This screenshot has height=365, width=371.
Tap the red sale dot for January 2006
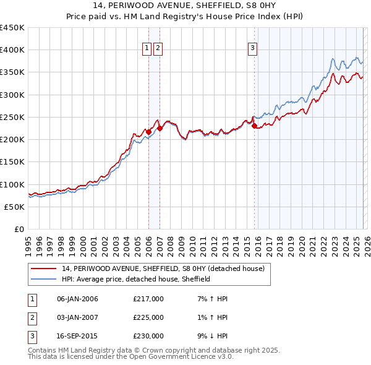(148, 131)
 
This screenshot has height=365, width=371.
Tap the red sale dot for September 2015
(254, 126)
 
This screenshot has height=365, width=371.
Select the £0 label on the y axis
(19, 229)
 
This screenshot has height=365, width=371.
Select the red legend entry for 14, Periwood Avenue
(163, 268)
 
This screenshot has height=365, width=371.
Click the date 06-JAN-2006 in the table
(77, 299)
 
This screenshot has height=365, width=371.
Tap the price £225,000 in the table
(148, 317)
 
